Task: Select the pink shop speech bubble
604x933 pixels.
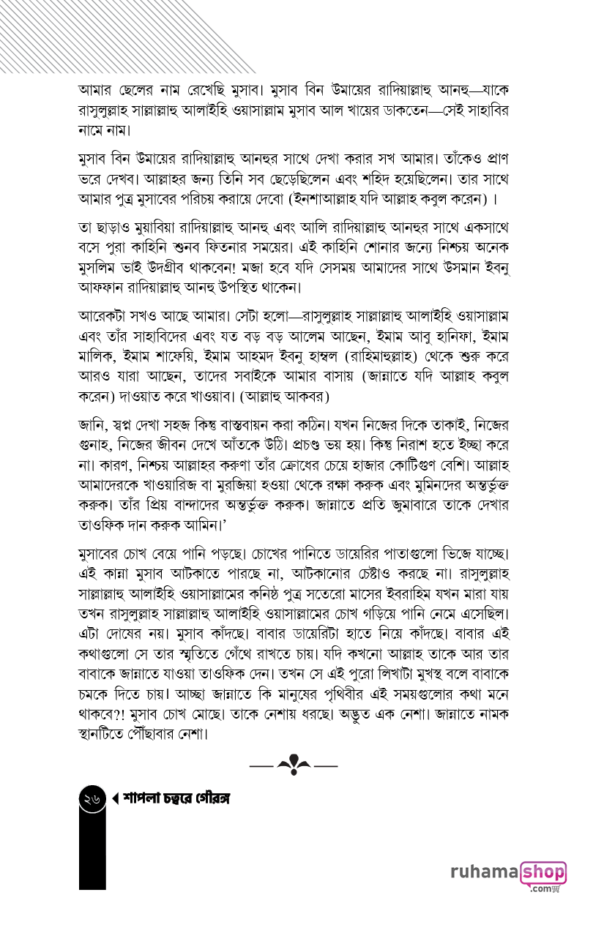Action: click(543, 872)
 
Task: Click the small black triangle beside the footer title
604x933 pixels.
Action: click(115, 799)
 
